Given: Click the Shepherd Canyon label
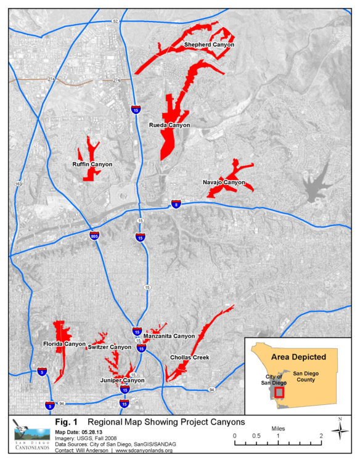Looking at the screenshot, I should [x=209, y=44].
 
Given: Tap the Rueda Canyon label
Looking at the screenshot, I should [x=170, y=125].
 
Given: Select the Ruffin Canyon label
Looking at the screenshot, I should [x=92, y=165].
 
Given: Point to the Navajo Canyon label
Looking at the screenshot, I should [x=224, y=182].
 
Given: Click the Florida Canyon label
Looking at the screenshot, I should [x=64, y=343].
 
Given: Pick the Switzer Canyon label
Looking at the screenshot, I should [x=110, y=347].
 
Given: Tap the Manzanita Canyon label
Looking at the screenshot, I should [x=171, y=336].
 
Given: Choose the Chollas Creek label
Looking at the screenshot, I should [x=190, y=357].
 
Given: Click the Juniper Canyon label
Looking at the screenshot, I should [x=122, y=380].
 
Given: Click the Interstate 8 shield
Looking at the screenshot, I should [x=176, y=204].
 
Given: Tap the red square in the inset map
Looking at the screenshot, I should [x=279, y=391].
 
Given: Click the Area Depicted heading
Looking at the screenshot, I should [x=298, y=356].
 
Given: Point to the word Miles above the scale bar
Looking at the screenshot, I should [x=278, y=427].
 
